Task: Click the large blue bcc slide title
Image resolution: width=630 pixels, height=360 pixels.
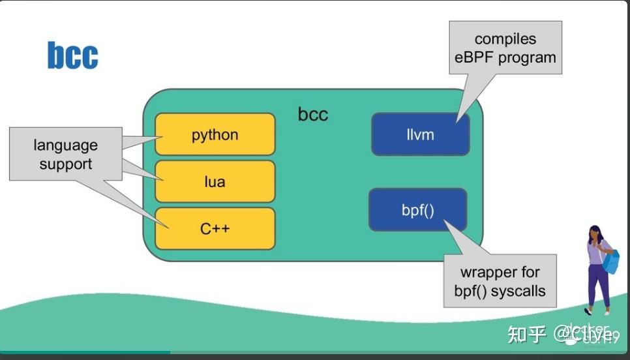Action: click(x=72, y=55)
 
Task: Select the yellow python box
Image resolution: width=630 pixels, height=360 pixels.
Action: click(x=215, y=135)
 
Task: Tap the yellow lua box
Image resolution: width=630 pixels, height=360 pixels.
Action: click(x=215, y=181)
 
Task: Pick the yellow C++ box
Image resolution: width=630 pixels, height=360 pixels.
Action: click(x=215, y=229)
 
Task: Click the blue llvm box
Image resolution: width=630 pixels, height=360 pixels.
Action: click(x=420, y=135)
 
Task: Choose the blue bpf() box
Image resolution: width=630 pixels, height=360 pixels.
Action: click(x=417, y=211)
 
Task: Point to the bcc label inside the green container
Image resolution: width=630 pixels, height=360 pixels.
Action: click(x=313, y=114)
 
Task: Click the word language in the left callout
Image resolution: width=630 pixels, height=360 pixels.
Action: click(x=66, y=145)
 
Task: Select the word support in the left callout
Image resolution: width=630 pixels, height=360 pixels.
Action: click(x=66, y=164)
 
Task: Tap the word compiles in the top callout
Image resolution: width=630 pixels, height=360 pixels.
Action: click(x=505, y=40)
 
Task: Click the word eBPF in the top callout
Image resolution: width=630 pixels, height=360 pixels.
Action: click(x=475, y=57)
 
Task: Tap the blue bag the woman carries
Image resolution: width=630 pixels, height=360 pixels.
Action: click(x=611, y=261)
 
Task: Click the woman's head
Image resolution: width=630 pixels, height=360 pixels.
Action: click(x=595, y=232)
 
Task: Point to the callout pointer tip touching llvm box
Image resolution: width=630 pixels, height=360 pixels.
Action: click(x=458, y=121)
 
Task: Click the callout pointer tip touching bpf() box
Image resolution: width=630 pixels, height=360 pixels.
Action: click(x=445, y=221)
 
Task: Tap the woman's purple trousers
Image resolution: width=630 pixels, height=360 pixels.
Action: click(x=597, y=284)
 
